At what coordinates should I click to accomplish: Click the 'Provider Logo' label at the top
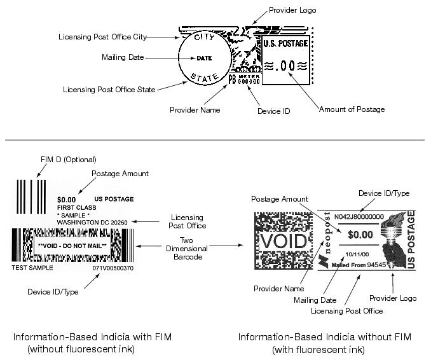[x=292, y=10]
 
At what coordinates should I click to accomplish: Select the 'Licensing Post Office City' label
[x=107, y=36]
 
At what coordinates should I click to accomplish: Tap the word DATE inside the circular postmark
[x=204, y=58]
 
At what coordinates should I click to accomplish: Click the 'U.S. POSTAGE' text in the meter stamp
[x=285, y=44]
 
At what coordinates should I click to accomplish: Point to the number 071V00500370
[x=113, y=268]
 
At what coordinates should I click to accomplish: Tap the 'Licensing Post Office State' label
[x=109, y=90]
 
